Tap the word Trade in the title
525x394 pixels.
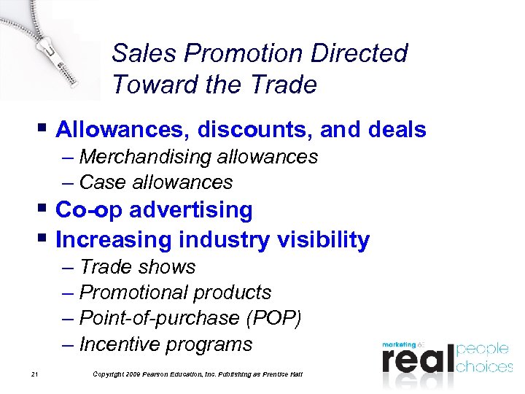coord(281,85)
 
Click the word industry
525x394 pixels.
coord(218,239)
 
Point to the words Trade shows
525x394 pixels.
coord(137,267)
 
